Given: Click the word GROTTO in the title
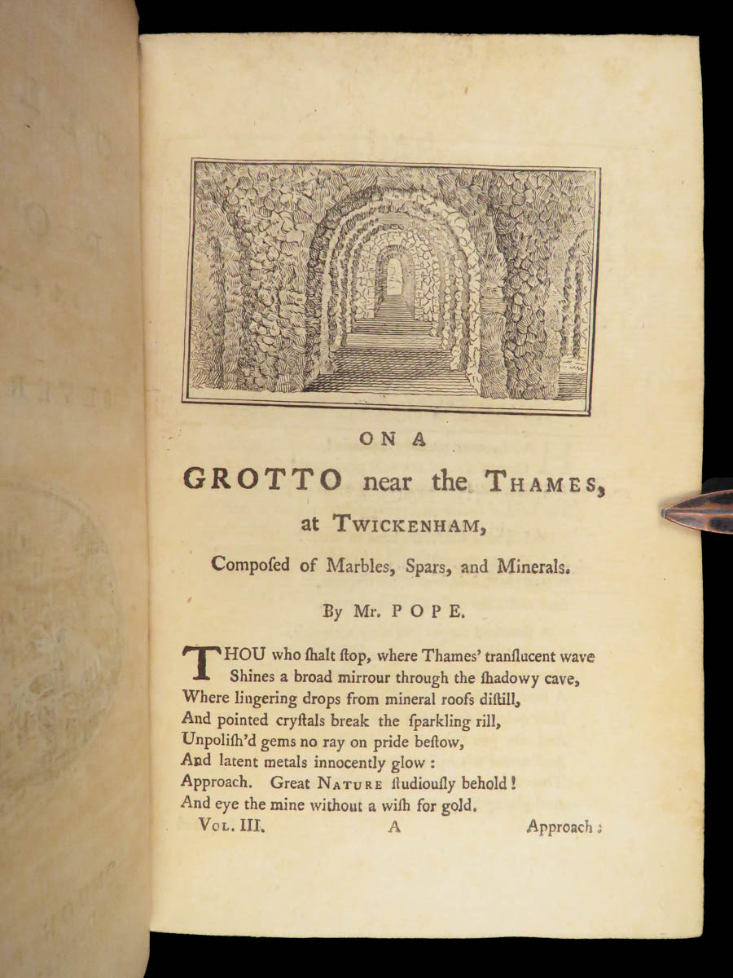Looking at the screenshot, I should [262, 479].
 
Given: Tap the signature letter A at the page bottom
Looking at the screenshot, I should [396, 826].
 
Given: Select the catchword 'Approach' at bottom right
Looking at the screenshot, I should [560, 826].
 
